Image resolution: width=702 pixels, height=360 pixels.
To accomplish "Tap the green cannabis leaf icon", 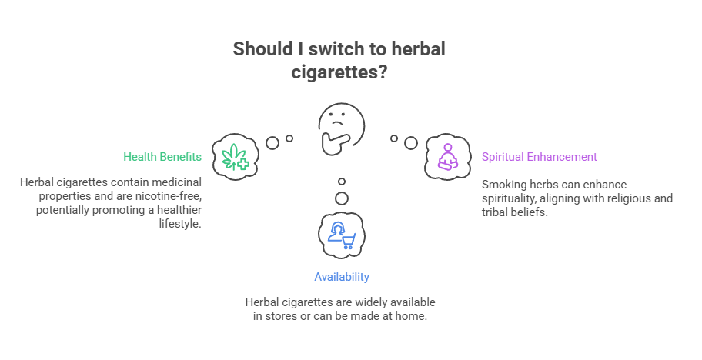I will click(233, 157).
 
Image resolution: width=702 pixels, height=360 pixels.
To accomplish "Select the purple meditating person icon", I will click(446, 157).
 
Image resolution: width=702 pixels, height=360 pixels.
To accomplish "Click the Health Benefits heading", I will click(162, 157).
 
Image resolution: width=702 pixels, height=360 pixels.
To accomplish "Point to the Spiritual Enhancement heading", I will click(539, 157).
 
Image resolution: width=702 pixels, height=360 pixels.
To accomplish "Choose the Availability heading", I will click(341, 277).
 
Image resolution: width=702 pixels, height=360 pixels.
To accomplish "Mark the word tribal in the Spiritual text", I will click(496, 212).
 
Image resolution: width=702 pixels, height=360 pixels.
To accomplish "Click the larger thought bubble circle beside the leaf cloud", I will click(272, 143).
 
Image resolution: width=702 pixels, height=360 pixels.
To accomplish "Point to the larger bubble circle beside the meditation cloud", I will click(411, 143).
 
